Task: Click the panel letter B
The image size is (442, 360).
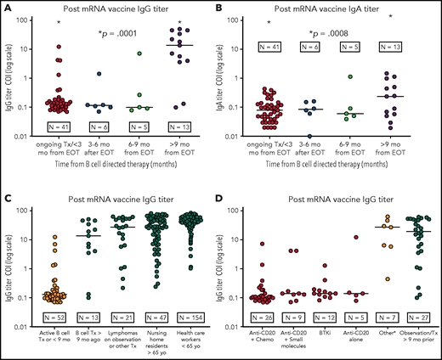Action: tap(228, 6)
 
